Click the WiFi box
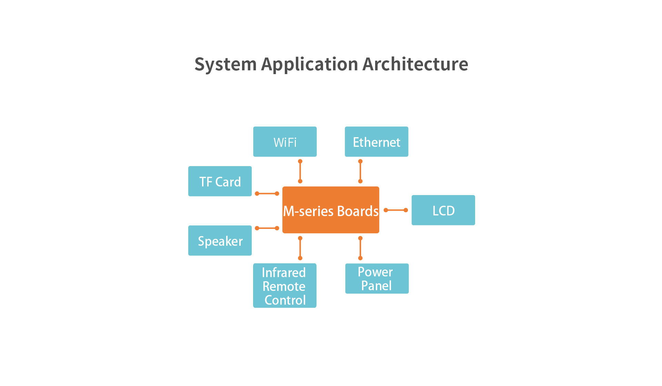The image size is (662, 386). [x=285, y=142]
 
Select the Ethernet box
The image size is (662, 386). [x=377, y=142]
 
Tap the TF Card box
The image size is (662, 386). [x=220, y=181]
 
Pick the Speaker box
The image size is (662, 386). [x=220, y=241]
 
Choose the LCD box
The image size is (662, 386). [x=443, y=210]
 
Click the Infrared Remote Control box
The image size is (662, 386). [x=285, y=286]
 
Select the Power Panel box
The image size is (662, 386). [x=377, y=278]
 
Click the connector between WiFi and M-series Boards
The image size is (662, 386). [x=300, y=171]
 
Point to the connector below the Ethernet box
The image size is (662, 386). [x=360, y=171]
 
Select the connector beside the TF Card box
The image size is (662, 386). [x=267, y=194]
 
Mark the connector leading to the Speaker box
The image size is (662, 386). [x=267, y=228]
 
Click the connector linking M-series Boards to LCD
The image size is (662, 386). [x=396, y=210]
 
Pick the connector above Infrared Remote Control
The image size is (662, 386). [x=300, y=248]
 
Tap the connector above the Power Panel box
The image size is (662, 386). [x=360, y=248]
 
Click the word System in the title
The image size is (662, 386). [x=225, y=64]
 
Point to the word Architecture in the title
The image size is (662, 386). [x=415, y=64]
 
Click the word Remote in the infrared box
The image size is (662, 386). [x=284, y=286]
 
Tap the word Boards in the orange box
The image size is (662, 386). [x=358, y=211]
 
